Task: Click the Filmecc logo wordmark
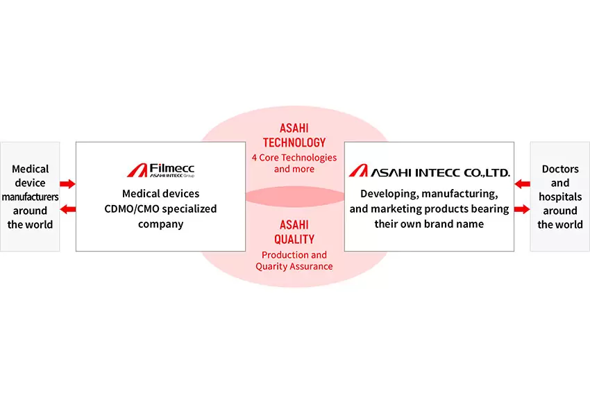(x=172, y=168)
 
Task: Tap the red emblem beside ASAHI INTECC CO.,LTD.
(x=358, y=171)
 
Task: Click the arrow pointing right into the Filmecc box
(x=68, y=184)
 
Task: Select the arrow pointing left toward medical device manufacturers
(x=68, y=209)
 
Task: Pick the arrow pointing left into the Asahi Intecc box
(x=522, y=184)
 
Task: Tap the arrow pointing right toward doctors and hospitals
(x=522, y=209)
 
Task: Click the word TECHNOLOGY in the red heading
(x=294, y=142)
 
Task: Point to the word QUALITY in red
(x=294, y=240)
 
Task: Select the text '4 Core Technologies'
(x=294, y=158)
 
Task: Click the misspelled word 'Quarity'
(x=271, y=267)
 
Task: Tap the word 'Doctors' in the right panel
(x=560, y=169)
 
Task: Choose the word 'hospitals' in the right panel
(x=560, y=197)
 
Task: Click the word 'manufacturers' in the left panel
(x=30, y=197)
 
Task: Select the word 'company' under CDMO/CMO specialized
(x=160, y=224)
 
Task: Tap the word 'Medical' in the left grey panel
(x=30, y=169)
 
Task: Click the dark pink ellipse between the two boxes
(x=294, y=196)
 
